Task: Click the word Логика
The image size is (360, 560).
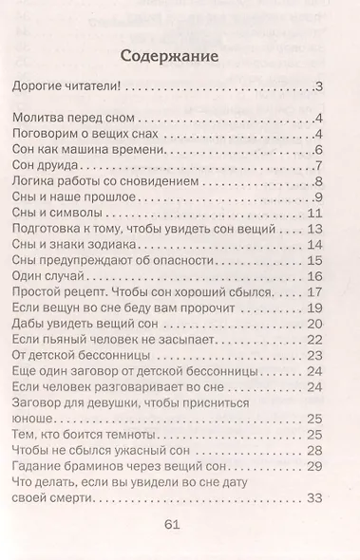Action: [36, 182]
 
